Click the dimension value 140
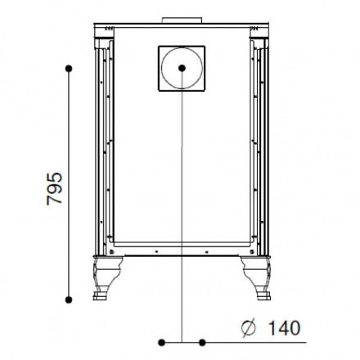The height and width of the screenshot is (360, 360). [281, 327]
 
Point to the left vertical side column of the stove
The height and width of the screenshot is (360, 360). [102, 147]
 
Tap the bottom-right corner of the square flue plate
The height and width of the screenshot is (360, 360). [205, 91]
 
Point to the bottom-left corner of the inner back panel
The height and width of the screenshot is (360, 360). [113, 246]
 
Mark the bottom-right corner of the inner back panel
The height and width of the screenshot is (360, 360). [248, 246]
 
